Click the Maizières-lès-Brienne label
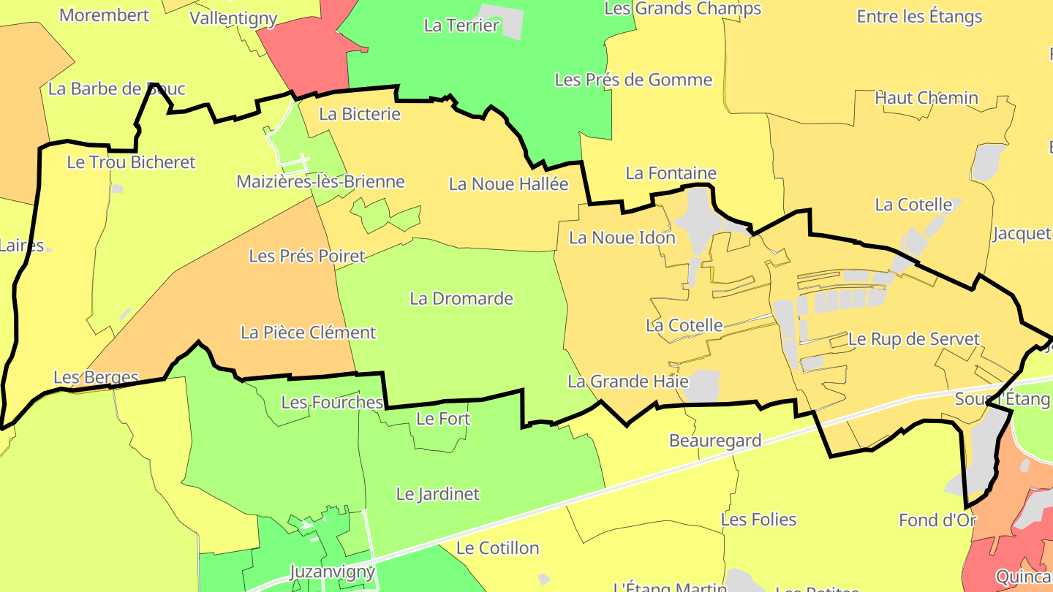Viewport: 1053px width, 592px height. pyautogui.click(x=320, y=181)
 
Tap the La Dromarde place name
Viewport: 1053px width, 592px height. pyautogui.click(x=461, y=298)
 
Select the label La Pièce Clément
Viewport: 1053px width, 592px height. pyautogui.click(x=308, y=333)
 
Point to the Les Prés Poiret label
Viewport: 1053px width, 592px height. pyautogui.click(x=306, y=256)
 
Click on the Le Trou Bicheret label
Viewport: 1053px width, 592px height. pyautogui.click(x=131, y=162)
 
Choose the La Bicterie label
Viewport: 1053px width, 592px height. pyautogui.click(x=360, y=114)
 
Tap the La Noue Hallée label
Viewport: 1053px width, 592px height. pyautogui.click(x=508, y=184)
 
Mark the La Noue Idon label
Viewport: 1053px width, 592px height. pyautogui.click(x=622, y=238)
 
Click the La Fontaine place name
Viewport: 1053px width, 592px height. pyautogui.click(x=671, y=173)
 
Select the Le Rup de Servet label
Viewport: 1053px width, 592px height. pyautogui.click(x=913, y=339)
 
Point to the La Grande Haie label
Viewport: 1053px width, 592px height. pyautogui.click(x=628, y=382)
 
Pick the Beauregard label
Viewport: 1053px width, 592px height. pyautogui.click(x=715, y=441)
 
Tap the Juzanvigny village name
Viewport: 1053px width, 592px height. pyautogui.click(x=332, y=572)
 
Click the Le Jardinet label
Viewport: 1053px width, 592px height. pyautogui.click(x=437, y=494)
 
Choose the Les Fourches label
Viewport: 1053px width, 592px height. pyautogui.click(x=332, y=402)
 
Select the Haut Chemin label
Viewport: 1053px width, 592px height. pyautogui.click(x=926, y=98)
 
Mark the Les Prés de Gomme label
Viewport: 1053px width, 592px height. pyautogui.click(x=633, y=80)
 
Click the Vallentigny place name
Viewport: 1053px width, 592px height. pyautogui.click(x=233, y=18)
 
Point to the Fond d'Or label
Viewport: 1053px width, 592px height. pyautogui.click(x=937, y=520)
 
